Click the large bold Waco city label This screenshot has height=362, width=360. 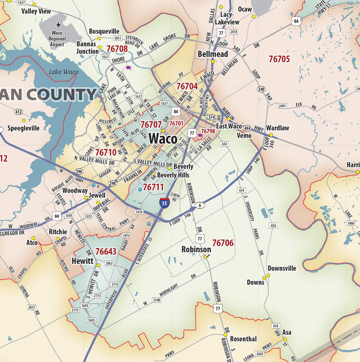(163, 139)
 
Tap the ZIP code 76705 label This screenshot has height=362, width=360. (279, 59)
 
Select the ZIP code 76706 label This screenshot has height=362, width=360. (223, 243)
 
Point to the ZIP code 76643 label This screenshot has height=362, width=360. (106, 252)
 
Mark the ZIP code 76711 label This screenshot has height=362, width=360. (153, 187)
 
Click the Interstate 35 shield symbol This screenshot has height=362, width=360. (165, 203)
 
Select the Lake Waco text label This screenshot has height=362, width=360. (63, 71)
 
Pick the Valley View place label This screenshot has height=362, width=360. (32, 11)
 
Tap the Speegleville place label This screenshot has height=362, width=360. (24, 128)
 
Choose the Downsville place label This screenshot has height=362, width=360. (282, 268)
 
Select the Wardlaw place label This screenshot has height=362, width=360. (277, 128)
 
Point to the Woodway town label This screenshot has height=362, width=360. (75, 191)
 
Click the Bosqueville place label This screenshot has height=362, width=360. (104, 31)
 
